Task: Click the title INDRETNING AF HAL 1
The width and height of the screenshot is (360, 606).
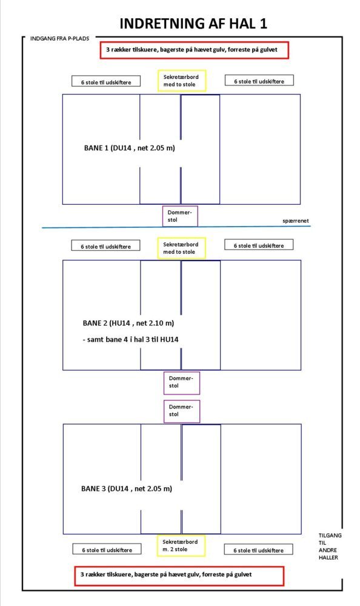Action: [x=193, y=24]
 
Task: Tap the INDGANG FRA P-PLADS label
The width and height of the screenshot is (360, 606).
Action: [x=59, y=39]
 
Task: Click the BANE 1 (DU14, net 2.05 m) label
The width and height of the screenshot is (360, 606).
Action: [x=129, y=148]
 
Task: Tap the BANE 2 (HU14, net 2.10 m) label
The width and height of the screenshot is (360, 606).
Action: [x=128, y=323]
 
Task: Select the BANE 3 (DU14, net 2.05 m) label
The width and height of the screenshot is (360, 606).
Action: [x=127, y=489]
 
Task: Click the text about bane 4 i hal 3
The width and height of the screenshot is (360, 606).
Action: [x=130, y=340]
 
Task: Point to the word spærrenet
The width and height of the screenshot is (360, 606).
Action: [x=295, y=221]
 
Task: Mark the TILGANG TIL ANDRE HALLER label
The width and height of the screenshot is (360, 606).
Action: [x=330, y=547]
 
